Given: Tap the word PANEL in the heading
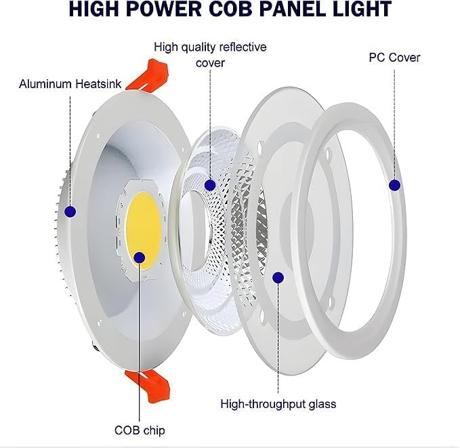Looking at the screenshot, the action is point(297,8).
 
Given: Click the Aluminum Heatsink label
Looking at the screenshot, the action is point(70,84).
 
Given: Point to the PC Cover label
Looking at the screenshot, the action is point(394,58).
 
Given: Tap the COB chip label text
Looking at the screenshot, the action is point(140,430).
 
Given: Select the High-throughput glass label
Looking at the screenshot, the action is point(278,404).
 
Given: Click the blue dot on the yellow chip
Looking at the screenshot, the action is point(140,258).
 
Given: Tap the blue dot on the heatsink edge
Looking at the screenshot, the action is point(70,211).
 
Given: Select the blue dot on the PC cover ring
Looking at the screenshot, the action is point(394,185).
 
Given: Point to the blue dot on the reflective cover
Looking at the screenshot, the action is point(210,185).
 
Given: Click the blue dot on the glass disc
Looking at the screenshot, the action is point(278,277).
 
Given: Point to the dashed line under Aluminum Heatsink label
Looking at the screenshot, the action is point(70,150).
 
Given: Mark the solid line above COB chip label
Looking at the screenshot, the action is point(140,342).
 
